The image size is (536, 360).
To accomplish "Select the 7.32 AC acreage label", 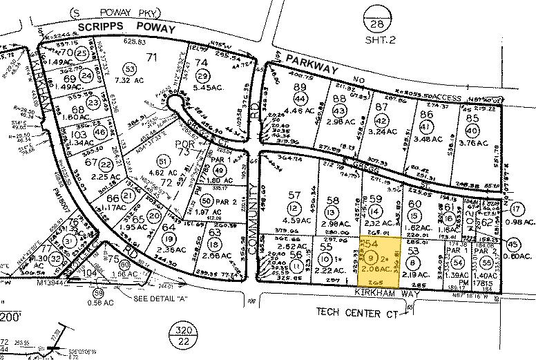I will (x=130, y=81).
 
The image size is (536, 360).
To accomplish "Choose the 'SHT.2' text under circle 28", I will (x=377, y=40).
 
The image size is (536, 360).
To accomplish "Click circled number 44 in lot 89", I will (x=299, y=99).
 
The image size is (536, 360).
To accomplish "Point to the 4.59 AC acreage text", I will (x=296, y=222).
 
